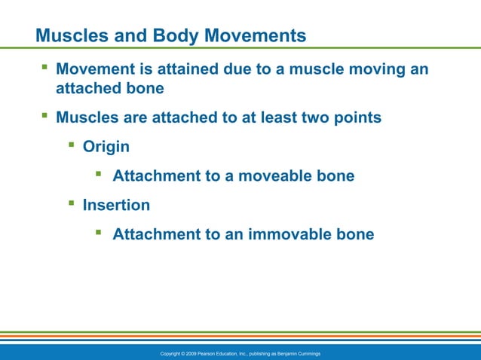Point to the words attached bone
coord(109,88)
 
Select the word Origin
coord(106,146)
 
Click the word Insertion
coord(116,205)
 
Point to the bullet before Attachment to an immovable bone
coord(99,233)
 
